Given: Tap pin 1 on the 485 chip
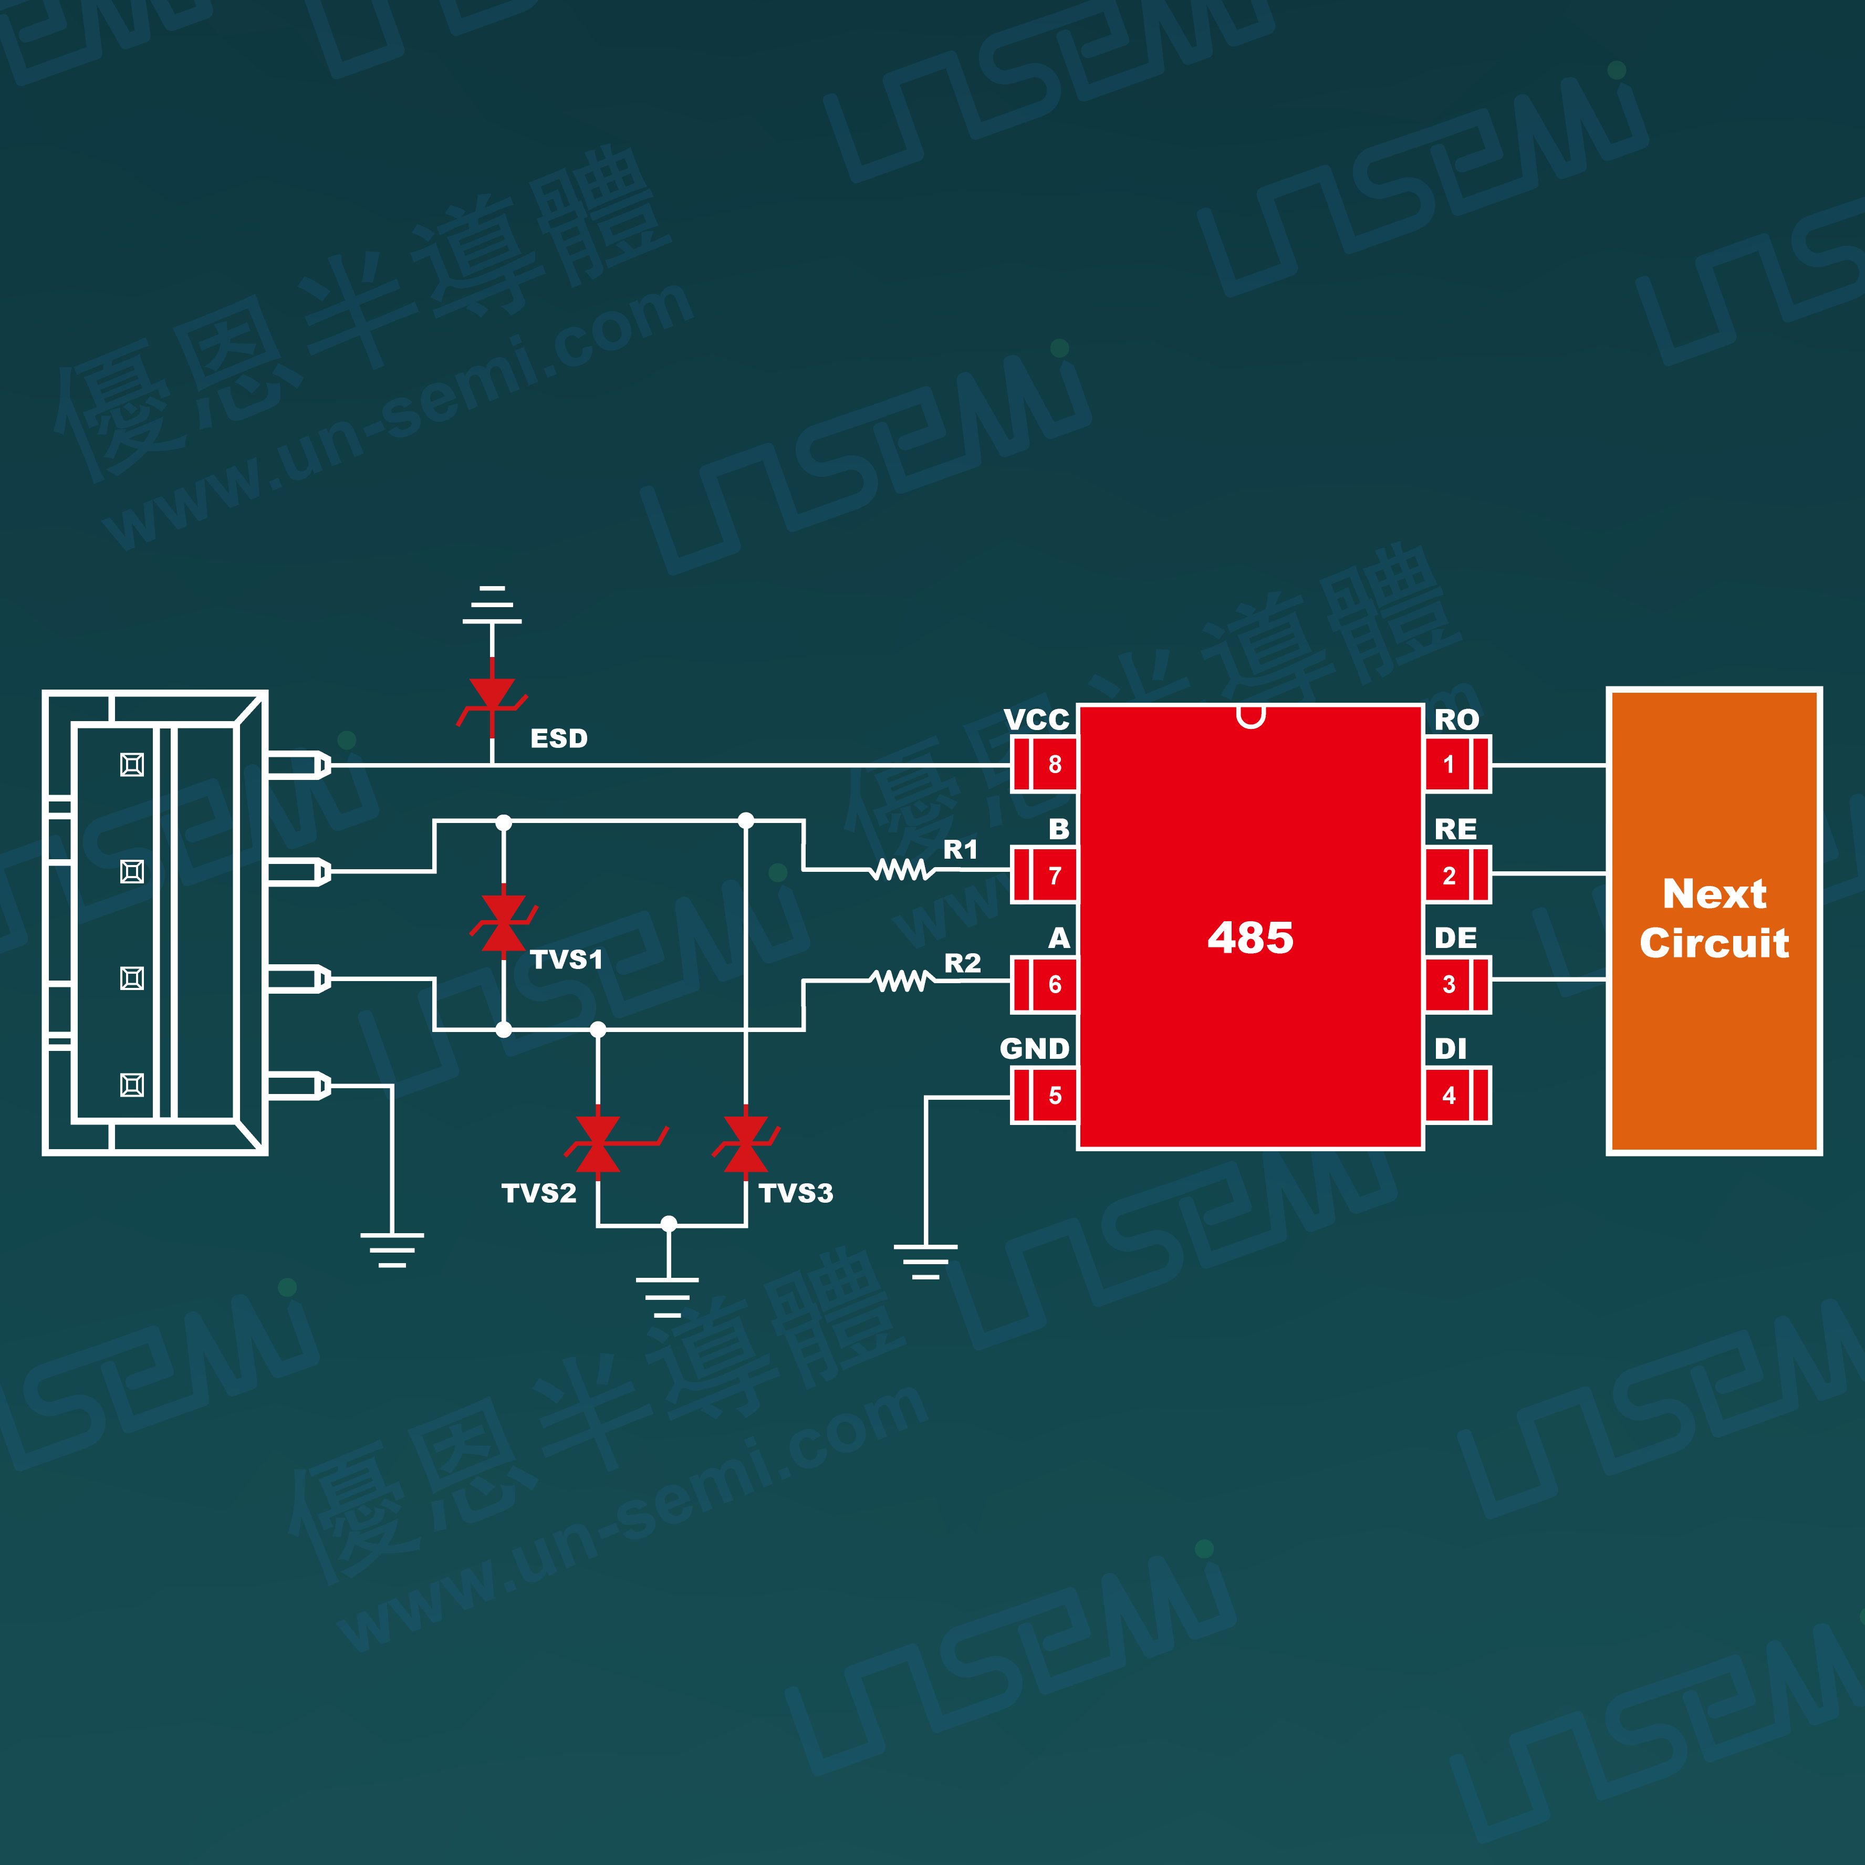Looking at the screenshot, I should pyautogui.click(x=1457, y=765).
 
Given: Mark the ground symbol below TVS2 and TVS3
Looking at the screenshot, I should pyautogui.click(x=668, y=1296).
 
